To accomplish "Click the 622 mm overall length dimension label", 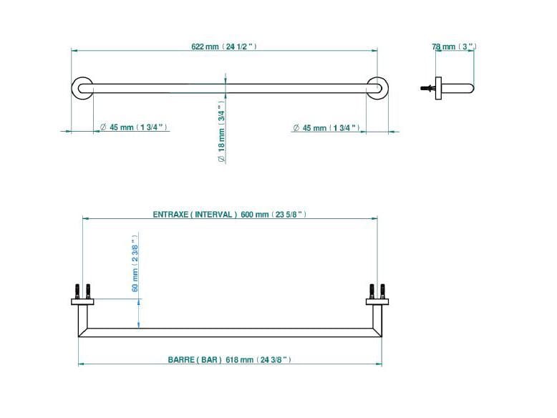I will point(205,47).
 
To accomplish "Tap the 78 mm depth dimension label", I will point(443,47).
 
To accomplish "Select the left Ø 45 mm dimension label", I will point(117,127).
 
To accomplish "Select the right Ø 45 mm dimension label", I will point(309,128).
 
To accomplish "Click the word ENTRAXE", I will point(170,214).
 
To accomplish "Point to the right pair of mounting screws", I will point(377,291).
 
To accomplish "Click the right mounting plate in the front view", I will point(377,302).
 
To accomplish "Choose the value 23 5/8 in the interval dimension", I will point(289,214).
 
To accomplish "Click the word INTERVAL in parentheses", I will point(215,214).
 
